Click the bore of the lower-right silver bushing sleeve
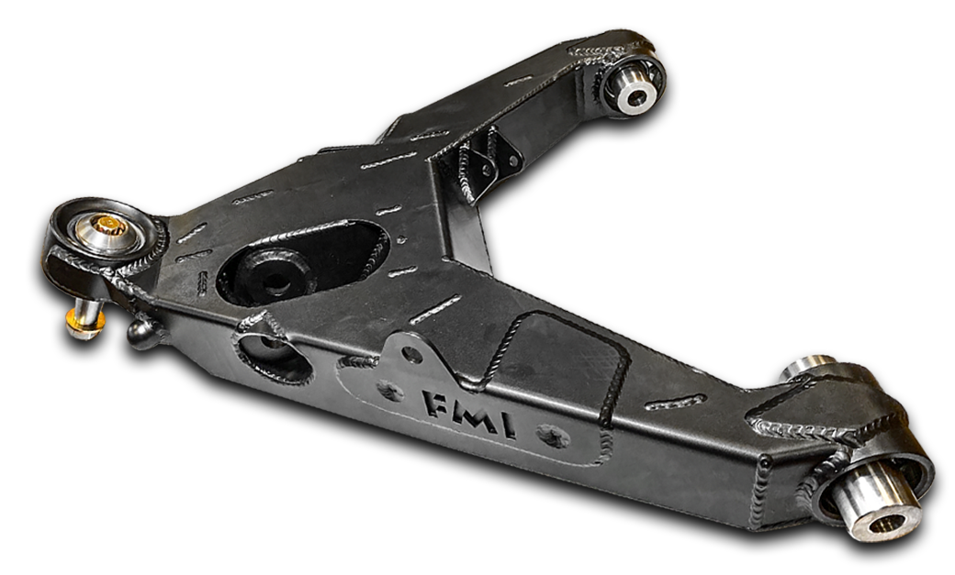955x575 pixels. (885, 524)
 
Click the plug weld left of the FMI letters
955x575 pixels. (389, 392)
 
